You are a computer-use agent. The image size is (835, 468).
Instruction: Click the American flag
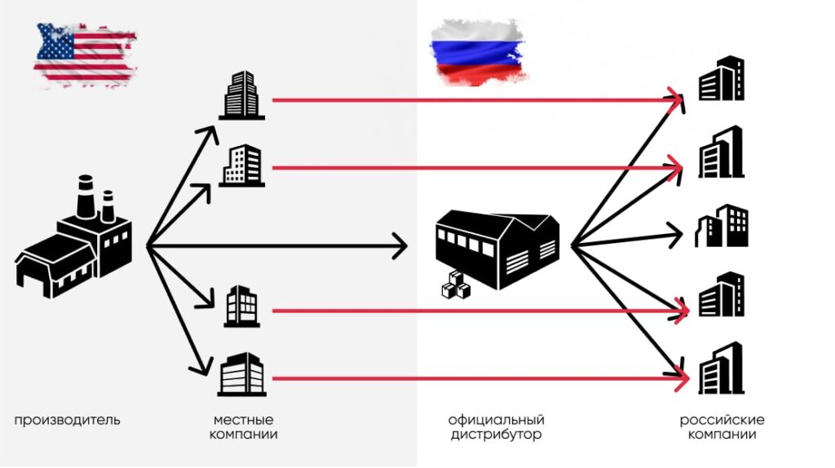[84, 55]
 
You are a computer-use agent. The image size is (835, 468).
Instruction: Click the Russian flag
[477, 52]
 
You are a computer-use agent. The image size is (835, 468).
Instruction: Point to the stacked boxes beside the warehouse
[455, 283]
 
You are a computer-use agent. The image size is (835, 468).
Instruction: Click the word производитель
[67, 420]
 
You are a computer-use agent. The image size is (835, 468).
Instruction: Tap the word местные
[243, 419]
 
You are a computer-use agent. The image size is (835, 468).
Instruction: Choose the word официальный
[496, 419]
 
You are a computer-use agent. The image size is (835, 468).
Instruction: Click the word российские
[722, 419]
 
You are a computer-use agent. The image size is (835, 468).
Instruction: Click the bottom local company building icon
[242, 374]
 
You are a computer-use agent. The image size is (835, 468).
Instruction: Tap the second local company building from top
[241, 166]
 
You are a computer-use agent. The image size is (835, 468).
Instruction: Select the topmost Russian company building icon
[722, 79]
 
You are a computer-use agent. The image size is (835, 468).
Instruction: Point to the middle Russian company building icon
[721, 226]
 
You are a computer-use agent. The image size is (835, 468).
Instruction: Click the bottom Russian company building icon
[721, 369]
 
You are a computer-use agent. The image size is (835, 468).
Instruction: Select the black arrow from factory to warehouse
[277, 245]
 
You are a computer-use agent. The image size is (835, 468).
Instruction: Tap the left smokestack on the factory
[85, 196]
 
